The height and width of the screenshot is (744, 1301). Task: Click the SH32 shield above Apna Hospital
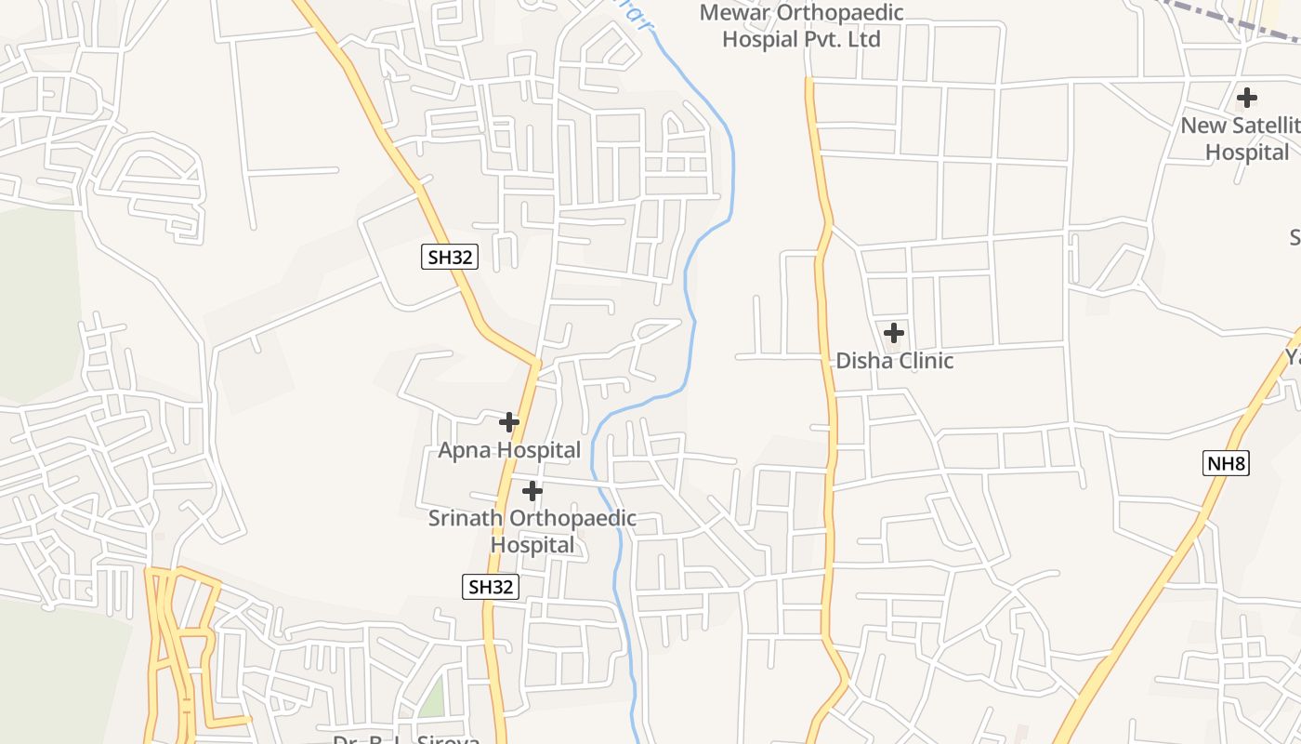[450, 258]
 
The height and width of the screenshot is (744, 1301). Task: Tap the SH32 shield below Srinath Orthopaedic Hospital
[490, 587]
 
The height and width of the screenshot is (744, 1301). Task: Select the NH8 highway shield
[1225, 463]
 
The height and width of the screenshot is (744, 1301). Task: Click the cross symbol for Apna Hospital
[509, 422]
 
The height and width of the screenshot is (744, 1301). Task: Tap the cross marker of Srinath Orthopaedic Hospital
[532, 490]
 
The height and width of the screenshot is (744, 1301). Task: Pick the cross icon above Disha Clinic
[894, 332]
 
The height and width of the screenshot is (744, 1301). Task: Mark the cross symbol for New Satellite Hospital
[1247, 97]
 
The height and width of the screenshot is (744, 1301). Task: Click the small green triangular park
[432, 699]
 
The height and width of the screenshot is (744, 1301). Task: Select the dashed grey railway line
[1217, 20]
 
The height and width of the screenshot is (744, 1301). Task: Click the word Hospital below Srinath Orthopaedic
[532, 545]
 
